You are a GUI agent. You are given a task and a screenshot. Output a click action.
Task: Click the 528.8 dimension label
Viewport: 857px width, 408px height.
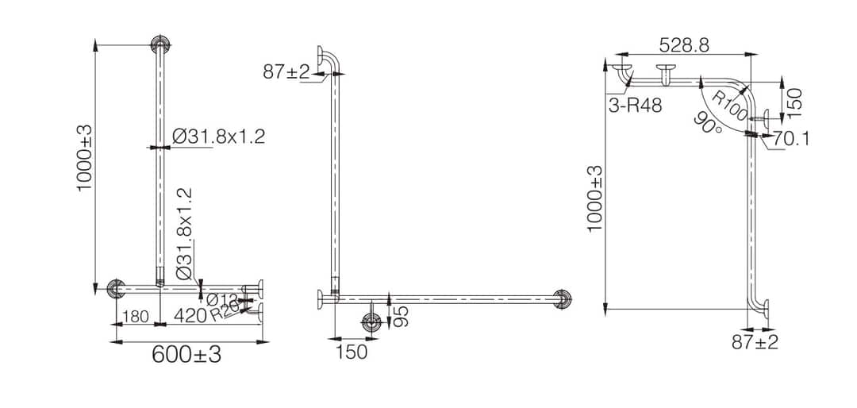pyautogui.click(x=683, y=45)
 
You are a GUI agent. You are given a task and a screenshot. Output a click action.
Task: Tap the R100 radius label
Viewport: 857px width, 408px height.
pyautogui.click(x=729, y=104)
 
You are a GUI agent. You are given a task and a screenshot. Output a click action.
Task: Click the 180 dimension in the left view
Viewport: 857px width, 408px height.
pyautogui.click(x=136, y=318)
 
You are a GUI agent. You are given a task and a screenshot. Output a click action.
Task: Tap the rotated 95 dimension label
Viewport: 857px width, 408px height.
pyautogui.click(x=403, y=316)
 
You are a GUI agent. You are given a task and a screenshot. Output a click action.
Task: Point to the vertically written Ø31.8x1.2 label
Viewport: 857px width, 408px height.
pyautogui.click(x=183, y=233)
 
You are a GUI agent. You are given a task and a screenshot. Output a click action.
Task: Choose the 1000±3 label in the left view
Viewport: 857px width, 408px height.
pyautogui.click(x=84, y=158)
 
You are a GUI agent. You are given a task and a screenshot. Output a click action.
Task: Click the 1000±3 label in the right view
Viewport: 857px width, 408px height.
pyautogui.click(x=596, y=198)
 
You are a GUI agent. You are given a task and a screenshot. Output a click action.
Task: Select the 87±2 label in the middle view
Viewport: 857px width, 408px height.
pyautogui.click(x=286, y=72)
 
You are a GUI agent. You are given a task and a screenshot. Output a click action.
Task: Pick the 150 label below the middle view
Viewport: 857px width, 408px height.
pyautogui.click(x=352, y=352)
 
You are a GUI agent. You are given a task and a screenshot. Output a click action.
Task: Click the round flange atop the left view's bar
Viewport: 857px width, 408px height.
pyautogui.click(x=161, y=44)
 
